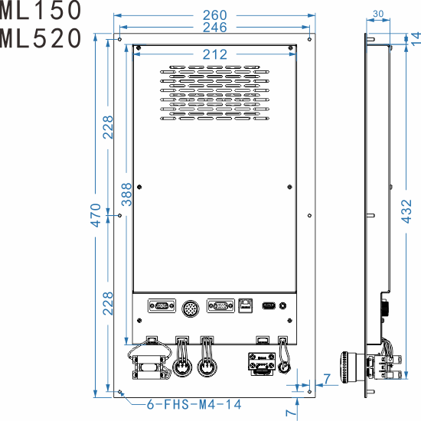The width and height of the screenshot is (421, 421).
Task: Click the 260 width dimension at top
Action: click(x=214, y=14)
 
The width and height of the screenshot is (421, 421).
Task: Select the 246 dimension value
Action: click(x=214, y=28)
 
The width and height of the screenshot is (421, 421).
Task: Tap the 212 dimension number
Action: click(x=214, y=54)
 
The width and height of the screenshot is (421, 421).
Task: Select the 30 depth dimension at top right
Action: click(x=377, y=14)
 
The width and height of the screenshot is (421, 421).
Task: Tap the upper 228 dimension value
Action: click(x=109, y=127)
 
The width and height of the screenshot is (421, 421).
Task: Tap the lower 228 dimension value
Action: click(x=109, y=304)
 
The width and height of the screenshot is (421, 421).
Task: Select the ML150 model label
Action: click(x=40, y=10)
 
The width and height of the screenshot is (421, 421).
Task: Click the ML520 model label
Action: click(x=40, y=38)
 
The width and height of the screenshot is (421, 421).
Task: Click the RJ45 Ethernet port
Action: click(x=246, y=306)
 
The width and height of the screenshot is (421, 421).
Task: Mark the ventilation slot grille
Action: click(x=214, y=93)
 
